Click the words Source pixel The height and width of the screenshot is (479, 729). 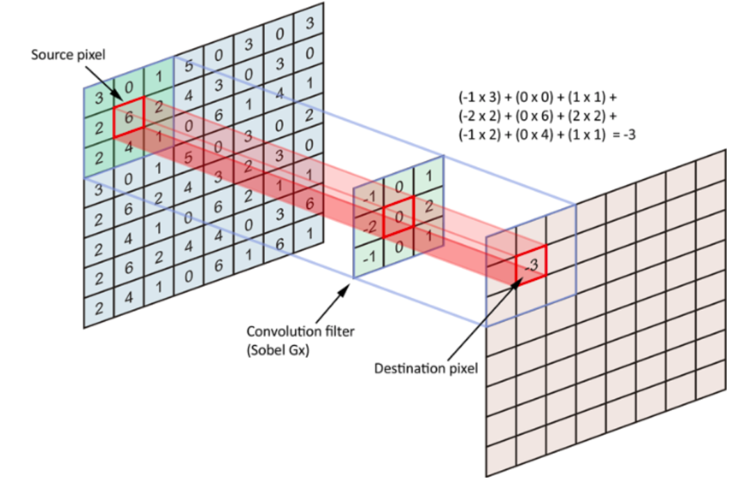[67, 55]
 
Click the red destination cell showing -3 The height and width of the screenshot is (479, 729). [530, 263]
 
